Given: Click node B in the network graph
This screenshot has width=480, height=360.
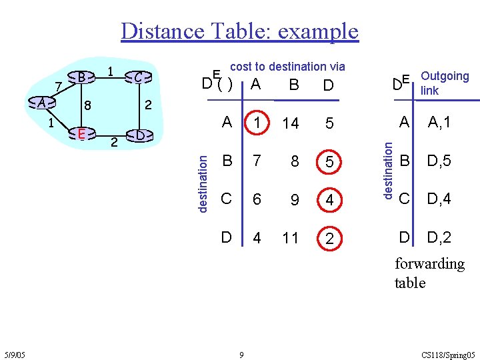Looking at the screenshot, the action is (80, 77).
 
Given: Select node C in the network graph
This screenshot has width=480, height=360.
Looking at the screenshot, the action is (137, 78).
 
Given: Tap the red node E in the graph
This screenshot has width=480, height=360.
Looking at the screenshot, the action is (80, 134).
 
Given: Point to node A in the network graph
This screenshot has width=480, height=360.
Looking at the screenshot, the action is (42, 103).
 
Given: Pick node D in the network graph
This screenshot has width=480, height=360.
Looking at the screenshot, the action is (138, 135).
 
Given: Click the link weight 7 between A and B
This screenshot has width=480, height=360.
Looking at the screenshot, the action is (59, 86).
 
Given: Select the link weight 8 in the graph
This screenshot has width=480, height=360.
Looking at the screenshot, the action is (87, 105).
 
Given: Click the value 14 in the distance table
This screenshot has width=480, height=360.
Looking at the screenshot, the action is (290, 123).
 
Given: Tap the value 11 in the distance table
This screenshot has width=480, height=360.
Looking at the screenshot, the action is (290, 238).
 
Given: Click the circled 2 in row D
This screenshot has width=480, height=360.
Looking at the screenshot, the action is (329, 238).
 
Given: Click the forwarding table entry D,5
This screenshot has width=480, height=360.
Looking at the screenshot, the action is (439, 161).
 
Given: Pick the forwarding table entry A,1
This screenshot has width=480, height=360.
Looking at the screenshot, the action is (439, 123).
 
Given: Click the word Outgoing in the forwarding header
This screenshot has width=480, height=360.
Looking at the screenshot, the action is (445, 77).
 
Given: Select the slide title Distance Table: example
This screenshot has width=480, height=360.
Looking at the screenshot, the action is (239, 31).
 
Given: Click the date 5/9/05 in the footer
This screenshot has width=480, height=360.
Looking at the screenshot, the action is (15, 355).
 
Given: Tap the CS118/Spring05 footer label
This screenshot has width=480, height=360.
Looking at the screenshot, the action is (449, 355).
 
